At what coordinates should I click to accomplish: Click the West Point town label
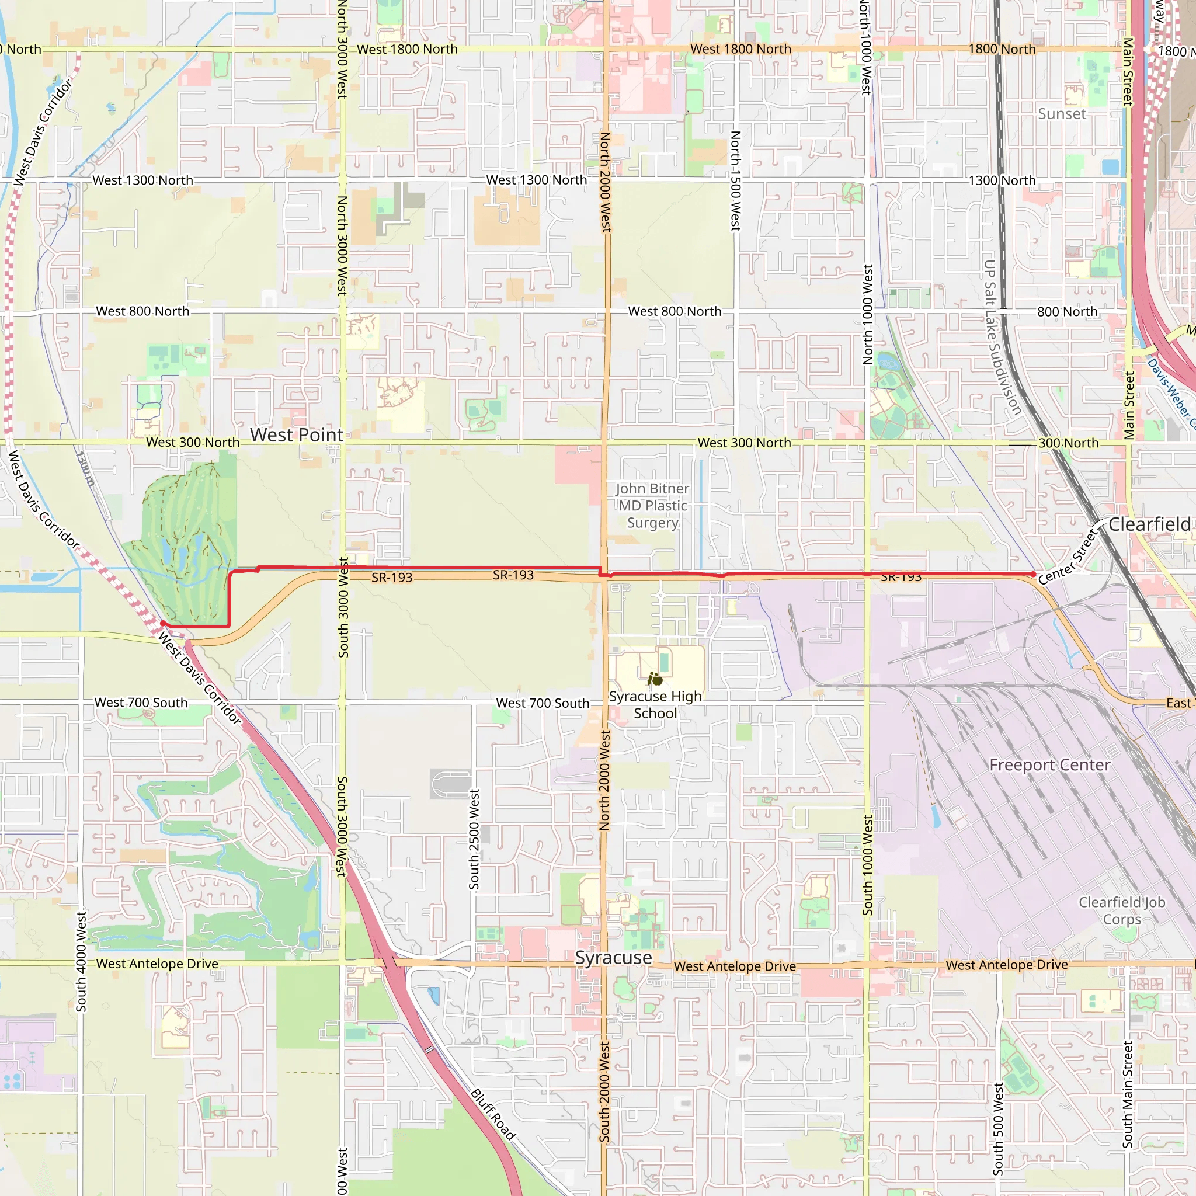(297, 435)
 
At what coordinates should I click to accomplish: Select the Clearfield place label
(1149, 524)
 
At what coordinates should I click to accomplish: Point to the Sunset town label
(1062, 114)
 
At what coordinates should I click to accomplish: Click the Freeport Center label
(1049, 765)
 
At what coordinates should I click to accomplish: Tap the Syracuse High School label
(655, 704)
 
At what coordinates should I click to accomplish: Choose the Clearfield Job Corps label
(1122, 910)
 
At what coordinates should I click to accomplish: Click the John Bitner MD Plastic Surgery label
(652, 506)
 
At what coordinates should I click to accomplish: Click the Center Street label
(1068, 557)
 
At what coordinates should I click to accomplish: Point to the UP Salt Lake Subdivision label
(1002, 338)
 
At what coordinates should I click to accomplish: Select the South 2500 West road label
(474, 839)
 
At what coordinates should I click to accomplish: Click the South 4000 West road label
(81, 961)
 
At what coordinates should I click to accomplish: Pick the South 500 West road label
(998, 1128)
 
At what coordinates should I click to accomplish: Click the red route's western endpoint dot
(162, 623)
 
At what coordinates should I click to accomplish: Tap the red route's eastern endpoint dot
(1033, 575)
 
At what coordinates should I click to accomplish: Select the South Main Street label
(1128, 1094)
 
